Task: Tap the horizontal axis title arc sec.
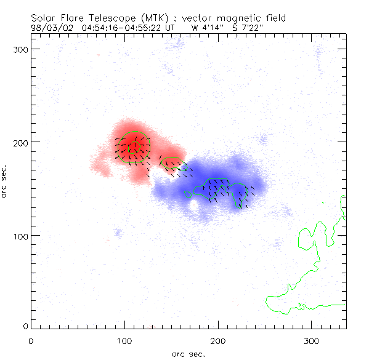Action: (188, 353)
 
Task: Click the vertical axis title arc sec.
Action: (6, 180)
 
